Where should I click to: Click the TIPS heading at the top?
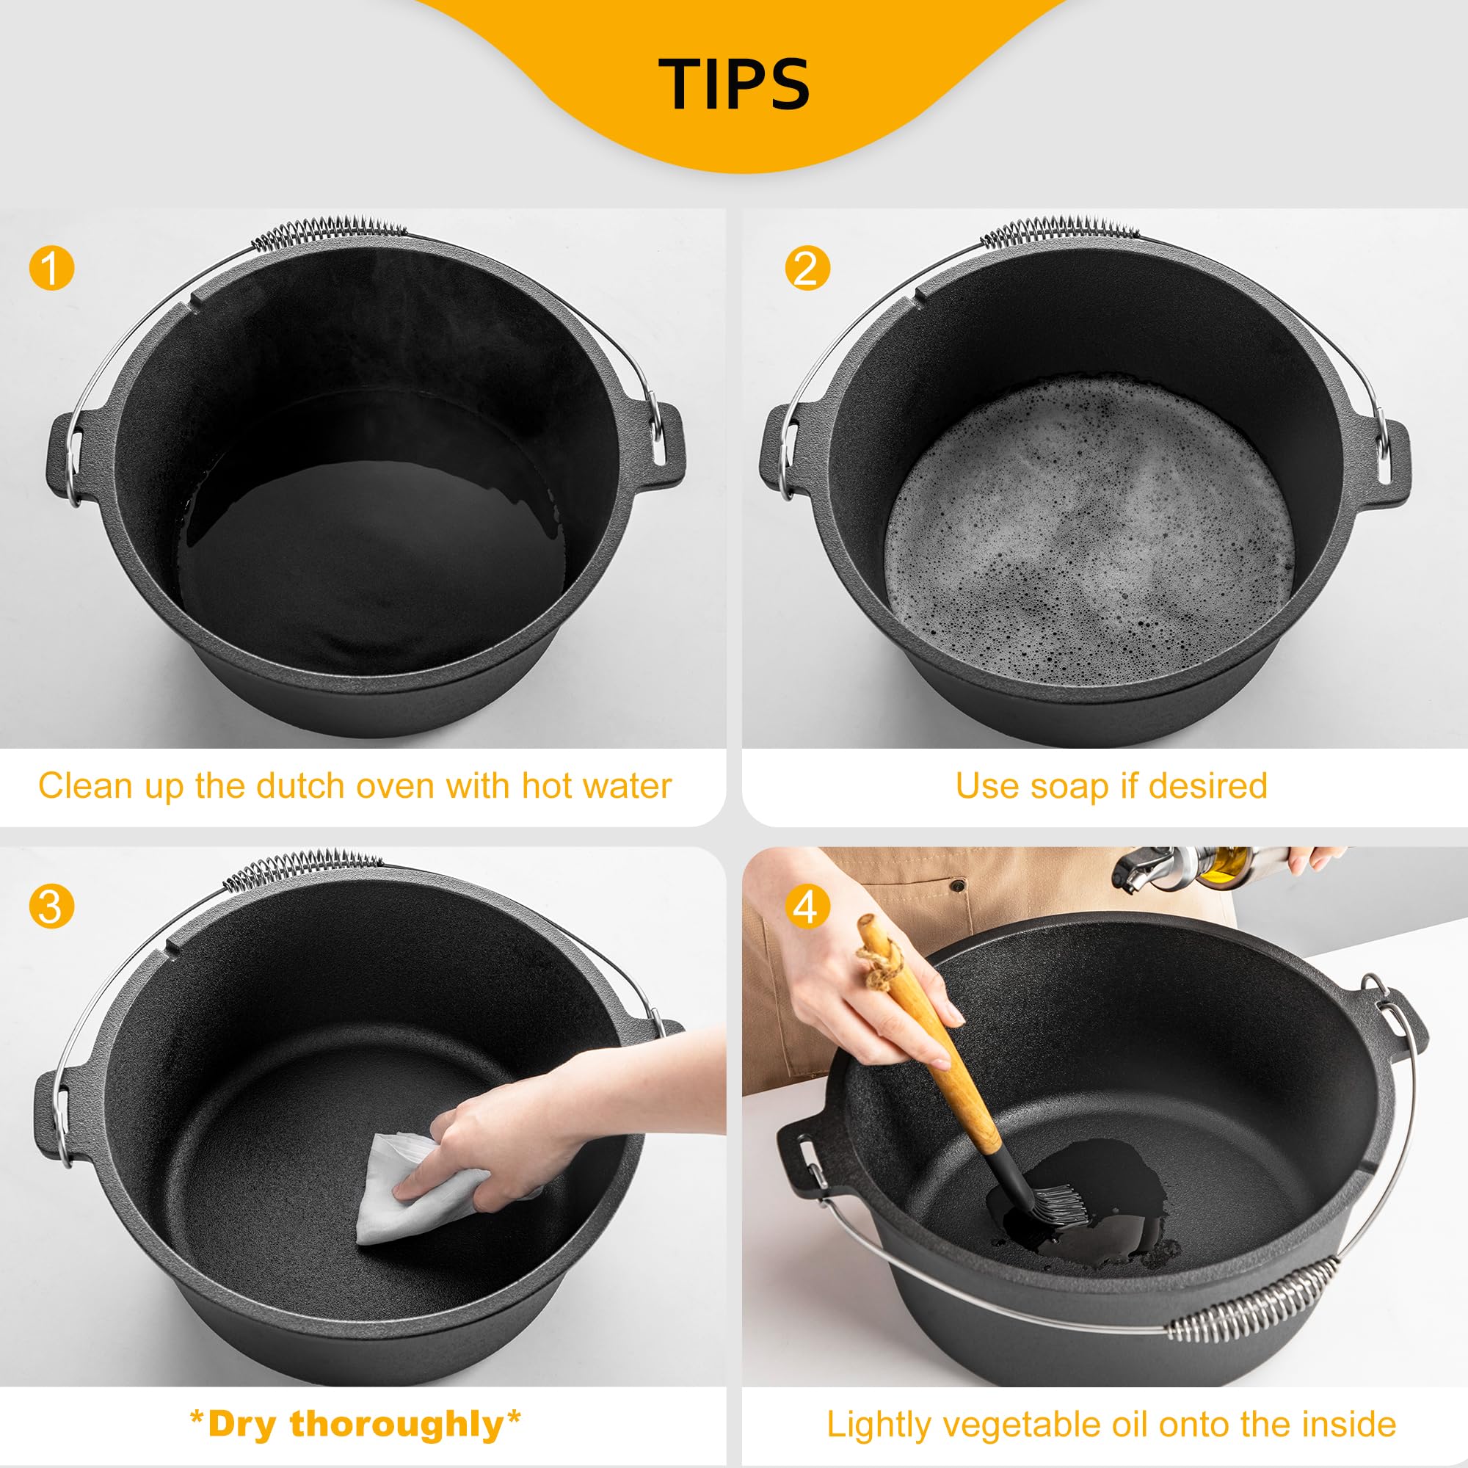734,84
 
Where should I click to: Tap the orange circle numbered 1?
51,268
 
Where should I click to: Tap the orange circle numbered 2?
806,268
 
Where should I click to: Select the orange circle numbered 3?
51,906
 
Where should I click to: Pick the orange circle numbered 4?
806,906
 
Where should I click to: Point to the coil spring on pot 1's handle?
328,233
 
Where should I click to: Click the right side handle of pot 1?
663,445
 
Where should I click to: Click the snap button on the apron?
959,885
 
